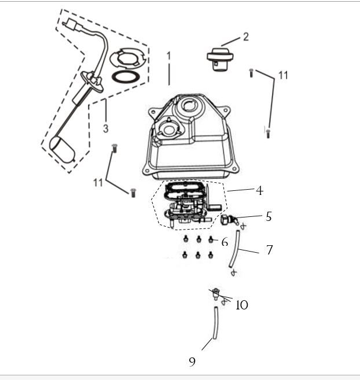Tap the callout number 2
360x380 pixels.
pos(245,36)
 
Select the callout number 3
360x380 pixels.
pos(106,127)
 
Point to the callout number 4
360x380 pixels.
pos(259,190)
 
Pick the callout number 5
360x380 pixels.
pos(269,216)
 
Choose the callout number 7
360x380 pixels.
pos(269,250)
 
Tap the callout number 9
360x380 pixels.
pos(192,361)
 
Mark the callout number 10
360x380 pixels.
pos(242,305)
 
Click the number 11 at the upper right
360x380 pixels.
pos(282,75)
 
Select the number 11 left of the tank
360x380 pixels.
pos(98,182)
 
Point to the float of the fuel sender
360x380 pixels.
pos(63,150)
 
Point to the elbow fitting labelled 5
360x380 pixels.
pos(228,220)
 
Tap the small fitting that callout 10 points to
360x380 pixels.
pos(216,294)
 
